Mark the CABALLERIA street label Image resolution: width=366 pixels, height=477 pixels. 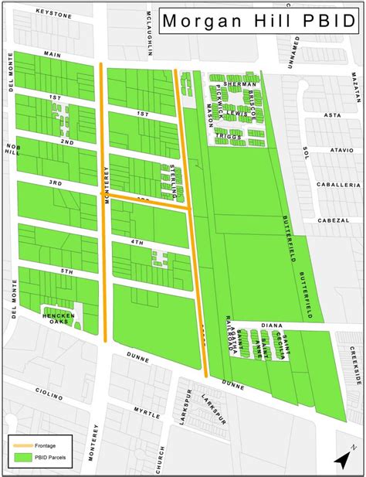[341, 186]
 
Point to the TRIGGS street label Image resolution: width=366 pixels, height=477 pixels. [229, 136]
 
